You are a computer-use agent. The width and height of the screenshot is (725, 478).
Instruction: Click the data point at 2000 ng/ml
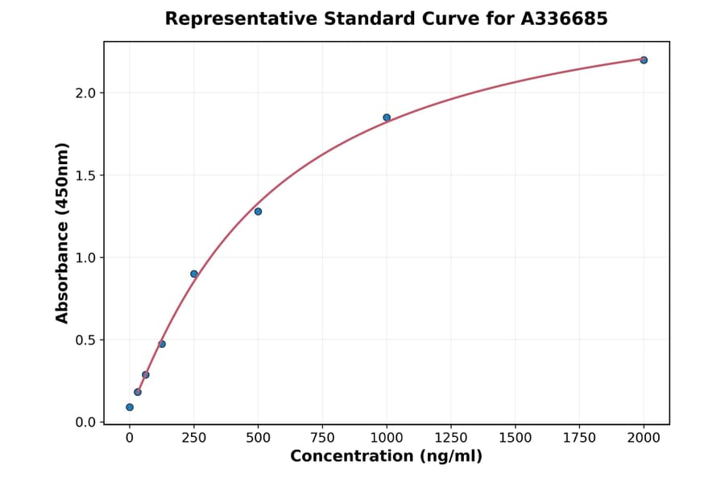pyautogui.click(x=644, y=60)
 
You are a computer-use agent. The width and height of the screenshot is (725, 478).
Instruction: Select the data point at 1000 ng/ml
pyautogui.click(x=387, y=117)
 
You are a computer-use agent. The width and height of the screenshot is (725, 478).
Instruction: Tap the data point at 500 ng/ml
pyautogui.click(x=258, y=212)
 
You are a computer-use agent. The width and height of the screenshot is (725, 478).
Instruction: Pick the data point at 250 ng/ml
pyautogui.click(x=194, y=274)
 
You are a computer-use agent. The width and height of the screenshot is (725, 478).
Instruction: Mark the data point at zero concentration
pyautogui.click(x=130, y=407)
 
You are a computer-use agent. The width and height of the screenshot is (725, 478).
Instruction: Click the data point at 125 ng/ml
pyautogui.click(x=162, y=344)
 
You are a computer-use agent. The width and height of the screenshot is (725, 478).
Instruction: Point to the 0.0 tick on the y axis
pyautogui.click(x=85, y=422)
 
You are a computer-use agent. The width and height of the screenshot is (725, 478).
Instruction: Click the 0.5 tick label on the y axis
pyautogui.click(x=85, y=340)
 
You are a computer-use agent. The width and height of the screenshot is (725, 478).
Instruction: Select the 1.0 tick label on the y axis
pyautogui.click(x=85, y=258)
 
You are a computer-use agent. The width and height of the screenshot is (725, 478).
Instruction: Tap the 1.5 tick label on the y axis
pyautogui.click(x=85, y=175)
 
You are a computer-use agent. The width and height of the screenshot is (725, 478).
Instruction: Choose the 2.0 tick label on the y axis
pyautogui.click(x=85, y=93)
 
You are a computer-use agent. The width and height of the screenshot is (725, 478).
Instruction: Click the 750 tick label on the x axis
pyautogui.click(x=322, y=438)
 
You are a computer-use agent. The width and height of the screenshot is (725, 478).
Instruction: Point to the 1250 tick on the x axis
pyautogui.click(x=451, y=438)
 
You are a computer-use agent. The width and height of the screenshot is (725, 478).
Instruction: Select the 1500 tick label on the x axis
pyautogui.click(x=516, y=438)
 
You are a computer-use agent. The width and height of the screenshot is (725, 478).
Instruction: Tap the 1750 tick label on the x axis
pyautogui.click(x=579, y=438)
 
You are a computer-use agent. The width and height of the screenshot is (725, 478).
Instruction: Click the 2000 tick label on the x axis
pyautogui.click(x=644, y=438)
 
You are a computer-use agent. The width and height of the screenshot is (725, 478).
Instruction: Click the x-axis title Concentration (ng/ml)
pyautogui.click(x=387, y=457)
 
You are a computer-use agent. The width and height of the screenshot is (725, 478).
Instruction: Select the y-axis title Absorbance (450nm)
pyautogui.click(x=62, y=233)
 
